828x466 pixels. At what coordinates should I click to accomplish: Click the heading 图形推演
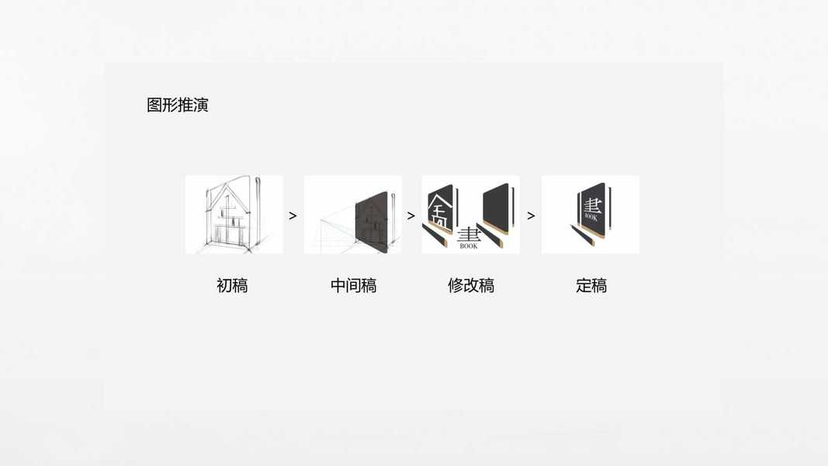point(178,105)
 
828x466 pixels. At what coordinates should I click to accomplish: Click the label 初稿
point(232,286)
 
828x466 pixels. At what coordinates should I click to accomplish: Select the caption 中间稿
point(353,286)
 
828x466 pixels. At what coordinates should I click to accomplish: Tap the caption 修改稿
point(471,286)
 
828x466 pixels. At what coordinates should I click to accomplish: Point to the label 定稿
point(591,286)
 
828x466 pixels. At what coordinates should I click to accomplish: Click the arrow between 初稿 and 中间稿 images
point(293,216)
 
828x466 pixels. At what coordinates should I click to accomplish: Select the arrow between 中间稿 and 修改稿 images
point(411,216)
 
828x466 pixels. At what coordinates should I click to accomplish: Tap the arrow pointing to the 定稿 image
point(531,216)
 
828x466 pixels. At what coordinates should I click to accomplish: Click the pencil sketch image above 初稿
point(234,214)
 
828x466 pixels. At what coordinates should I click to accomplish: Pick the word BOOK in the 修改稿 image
point(469,246)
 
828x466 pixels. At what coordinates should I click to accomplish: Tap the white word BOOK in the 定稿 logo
point(591,217)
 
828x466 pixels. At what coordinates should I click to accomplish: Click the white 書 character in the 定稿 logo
point(592,205)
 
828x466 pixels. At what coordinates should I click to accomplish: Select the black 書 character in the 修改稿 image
point(469,234)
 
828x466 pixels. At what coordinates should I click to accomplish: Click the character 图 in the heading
point(154,105)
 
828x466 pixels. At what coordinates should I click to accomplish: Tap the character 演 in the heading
point(201,105)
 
